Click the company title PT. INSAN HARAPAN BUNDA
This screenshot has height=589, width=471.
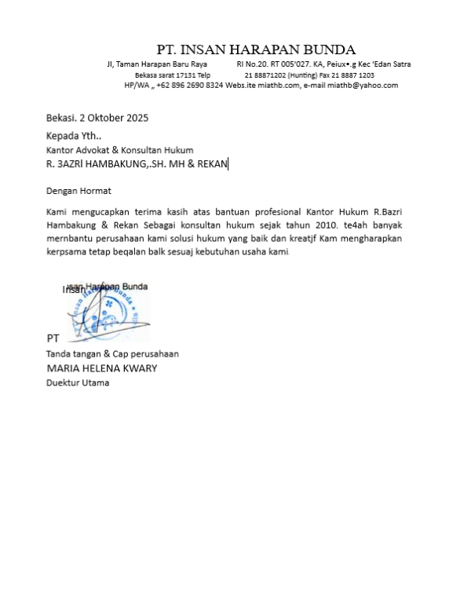[256, 49]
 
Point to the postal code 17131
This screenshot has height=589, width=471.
[184, 75]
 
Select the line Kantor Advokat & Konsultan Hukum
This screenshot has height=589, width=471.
[119, 150]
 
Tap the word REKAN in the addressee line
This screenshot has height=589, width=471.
[210, 164]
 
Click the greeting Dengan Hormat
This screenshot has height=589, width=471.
[78, 191]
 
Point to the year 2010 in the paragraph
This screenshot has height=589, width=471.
[308, 225]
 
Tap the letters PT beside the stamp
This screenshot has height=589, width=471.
[53, 338]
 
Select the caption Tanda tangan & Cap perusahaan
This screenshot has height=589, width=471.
[112, 354]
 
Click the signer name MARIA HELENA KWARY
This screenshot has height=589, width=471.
[102, 368]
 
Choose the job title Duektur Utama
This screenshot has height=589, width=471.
[78, 382]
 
